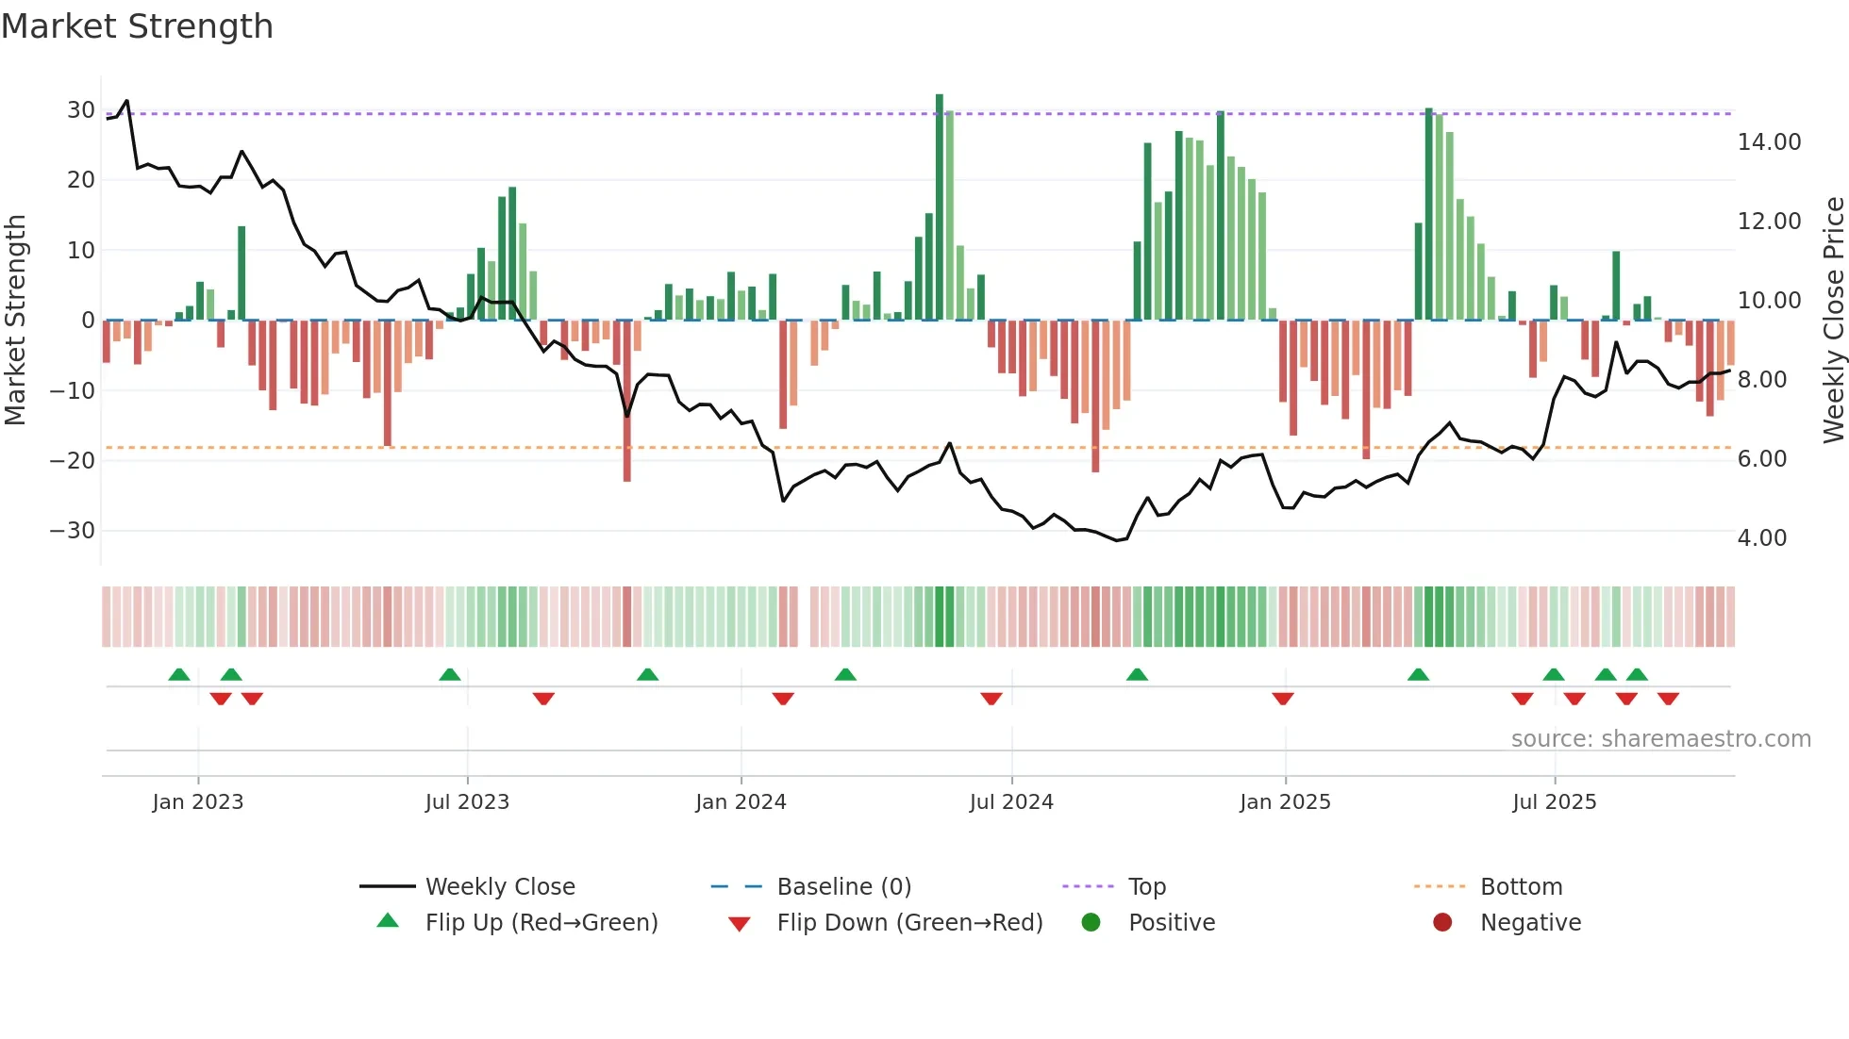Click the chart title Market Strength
(x=137, y=26)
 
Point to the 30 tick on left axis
(x=80, y=109)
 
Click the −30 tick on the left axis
(x=73, y=530)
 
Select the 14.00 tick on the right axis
(x=1769, y=142)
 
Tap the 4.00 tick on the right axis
(x=1761, y=538)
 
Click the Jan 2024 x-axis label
(x=741, y=802)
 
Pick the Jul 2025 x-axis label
(x=1554, y=802)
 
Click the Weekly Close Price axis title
(x=1833, y=321)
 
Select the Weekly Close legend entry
(x=499, y=887)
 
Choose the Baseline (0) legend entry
(x=843, y=887)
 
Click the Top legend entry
(x=1147, y=887)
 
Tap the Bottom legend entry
(x=1521, y=887)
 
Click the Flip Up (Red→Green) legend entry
(x=541, y=923)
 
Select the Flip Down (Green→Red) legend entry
(x=909, y=923)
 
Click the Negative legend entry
(x=1530, y=923)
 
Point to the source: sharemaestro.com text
(x=1660, y=739)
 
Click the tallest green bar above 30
(x=940, y=207)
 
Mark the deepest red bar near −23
(x=627, y=401)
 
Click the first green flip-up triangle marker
(x=179, y=674)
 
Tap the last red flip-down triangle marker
(x=1668, y=699)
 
